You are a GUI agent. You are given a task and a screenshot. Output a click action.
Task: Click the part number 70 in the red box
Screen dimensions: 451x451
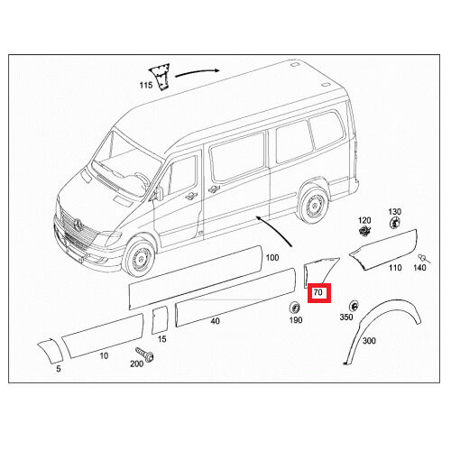point(318,292)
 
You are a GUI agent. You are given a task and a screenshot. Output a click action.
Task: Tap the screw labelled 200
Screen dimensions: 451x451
point(144,354)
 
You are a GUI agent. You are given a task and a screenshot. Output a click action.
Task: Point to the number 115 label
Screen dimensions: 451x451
point(146,86)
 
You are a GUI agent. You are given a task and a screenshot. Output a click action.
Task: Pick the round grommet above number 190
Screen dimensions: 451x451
point(294,308)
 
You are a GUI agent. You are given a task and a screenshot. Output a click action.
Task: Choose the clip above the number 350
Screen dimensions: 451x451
point(354,306)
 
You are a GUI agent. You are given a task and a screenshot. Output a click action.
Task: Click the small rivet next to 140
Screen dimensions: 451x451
point(424,259)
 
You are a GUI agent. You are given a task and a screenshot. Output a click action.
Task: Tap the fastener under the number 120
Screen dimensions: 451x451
point(364,231)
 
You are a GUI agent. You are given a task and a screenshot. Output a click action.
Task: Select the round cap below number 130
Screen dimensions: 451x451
point(394,224)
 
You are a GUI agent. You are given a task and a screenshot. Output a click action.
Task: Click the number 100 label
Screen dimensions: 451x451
point(272,258)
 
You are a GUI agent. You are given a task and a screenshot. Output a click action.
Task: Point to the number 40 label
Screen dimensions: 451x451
point(215,321)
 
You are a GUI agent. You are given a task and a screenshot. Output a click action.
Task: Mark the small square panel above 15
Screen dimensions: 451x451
point(160,320)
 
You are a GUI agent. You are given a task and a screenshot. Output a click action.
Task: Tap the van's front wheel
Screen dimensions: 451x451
point(140,257)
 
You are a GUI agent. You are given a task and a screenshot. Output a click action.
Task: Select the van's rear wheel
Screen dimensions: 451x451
point(314,205)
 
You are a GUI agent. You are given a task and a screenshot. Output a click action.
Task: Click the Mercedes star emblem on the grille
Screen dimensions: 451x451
point(78,225)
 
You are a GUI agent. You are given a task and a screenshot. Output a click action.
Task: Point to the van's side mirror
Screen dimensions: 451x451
point(159,193)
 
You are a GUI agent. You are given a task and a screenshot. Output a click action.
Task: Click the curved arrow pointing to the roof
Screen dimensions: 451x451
point(197,72)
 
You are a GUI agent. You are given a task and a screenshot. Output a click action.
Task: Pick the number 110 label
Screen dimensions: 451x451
point(395,268)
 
